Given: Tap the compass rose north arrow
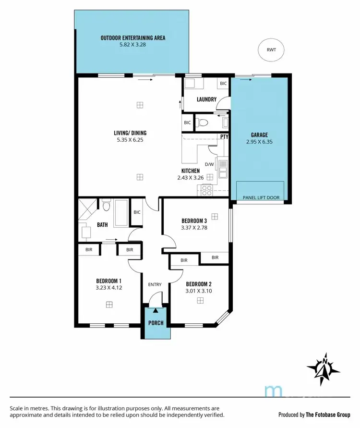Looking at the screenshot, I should (324, 369).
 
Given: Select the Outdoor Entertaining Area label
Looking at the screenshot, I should (133, 37).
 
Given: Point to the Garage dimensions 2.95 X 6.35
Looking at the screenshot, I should (259, 142).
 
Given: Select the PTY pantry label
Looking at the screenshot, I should (224, 136).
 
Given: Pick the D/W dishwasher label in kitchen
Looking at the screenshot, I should (209, 164).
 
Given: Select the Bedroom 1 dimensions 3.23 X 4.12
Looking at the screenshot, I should (108, 289).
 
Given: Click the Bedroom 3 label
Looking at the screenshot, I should (194, 221).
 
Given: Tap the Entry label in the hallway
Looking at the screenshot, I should (155, 285).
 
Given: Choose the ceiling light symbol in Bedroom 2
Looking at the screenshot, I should (200, 300).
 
